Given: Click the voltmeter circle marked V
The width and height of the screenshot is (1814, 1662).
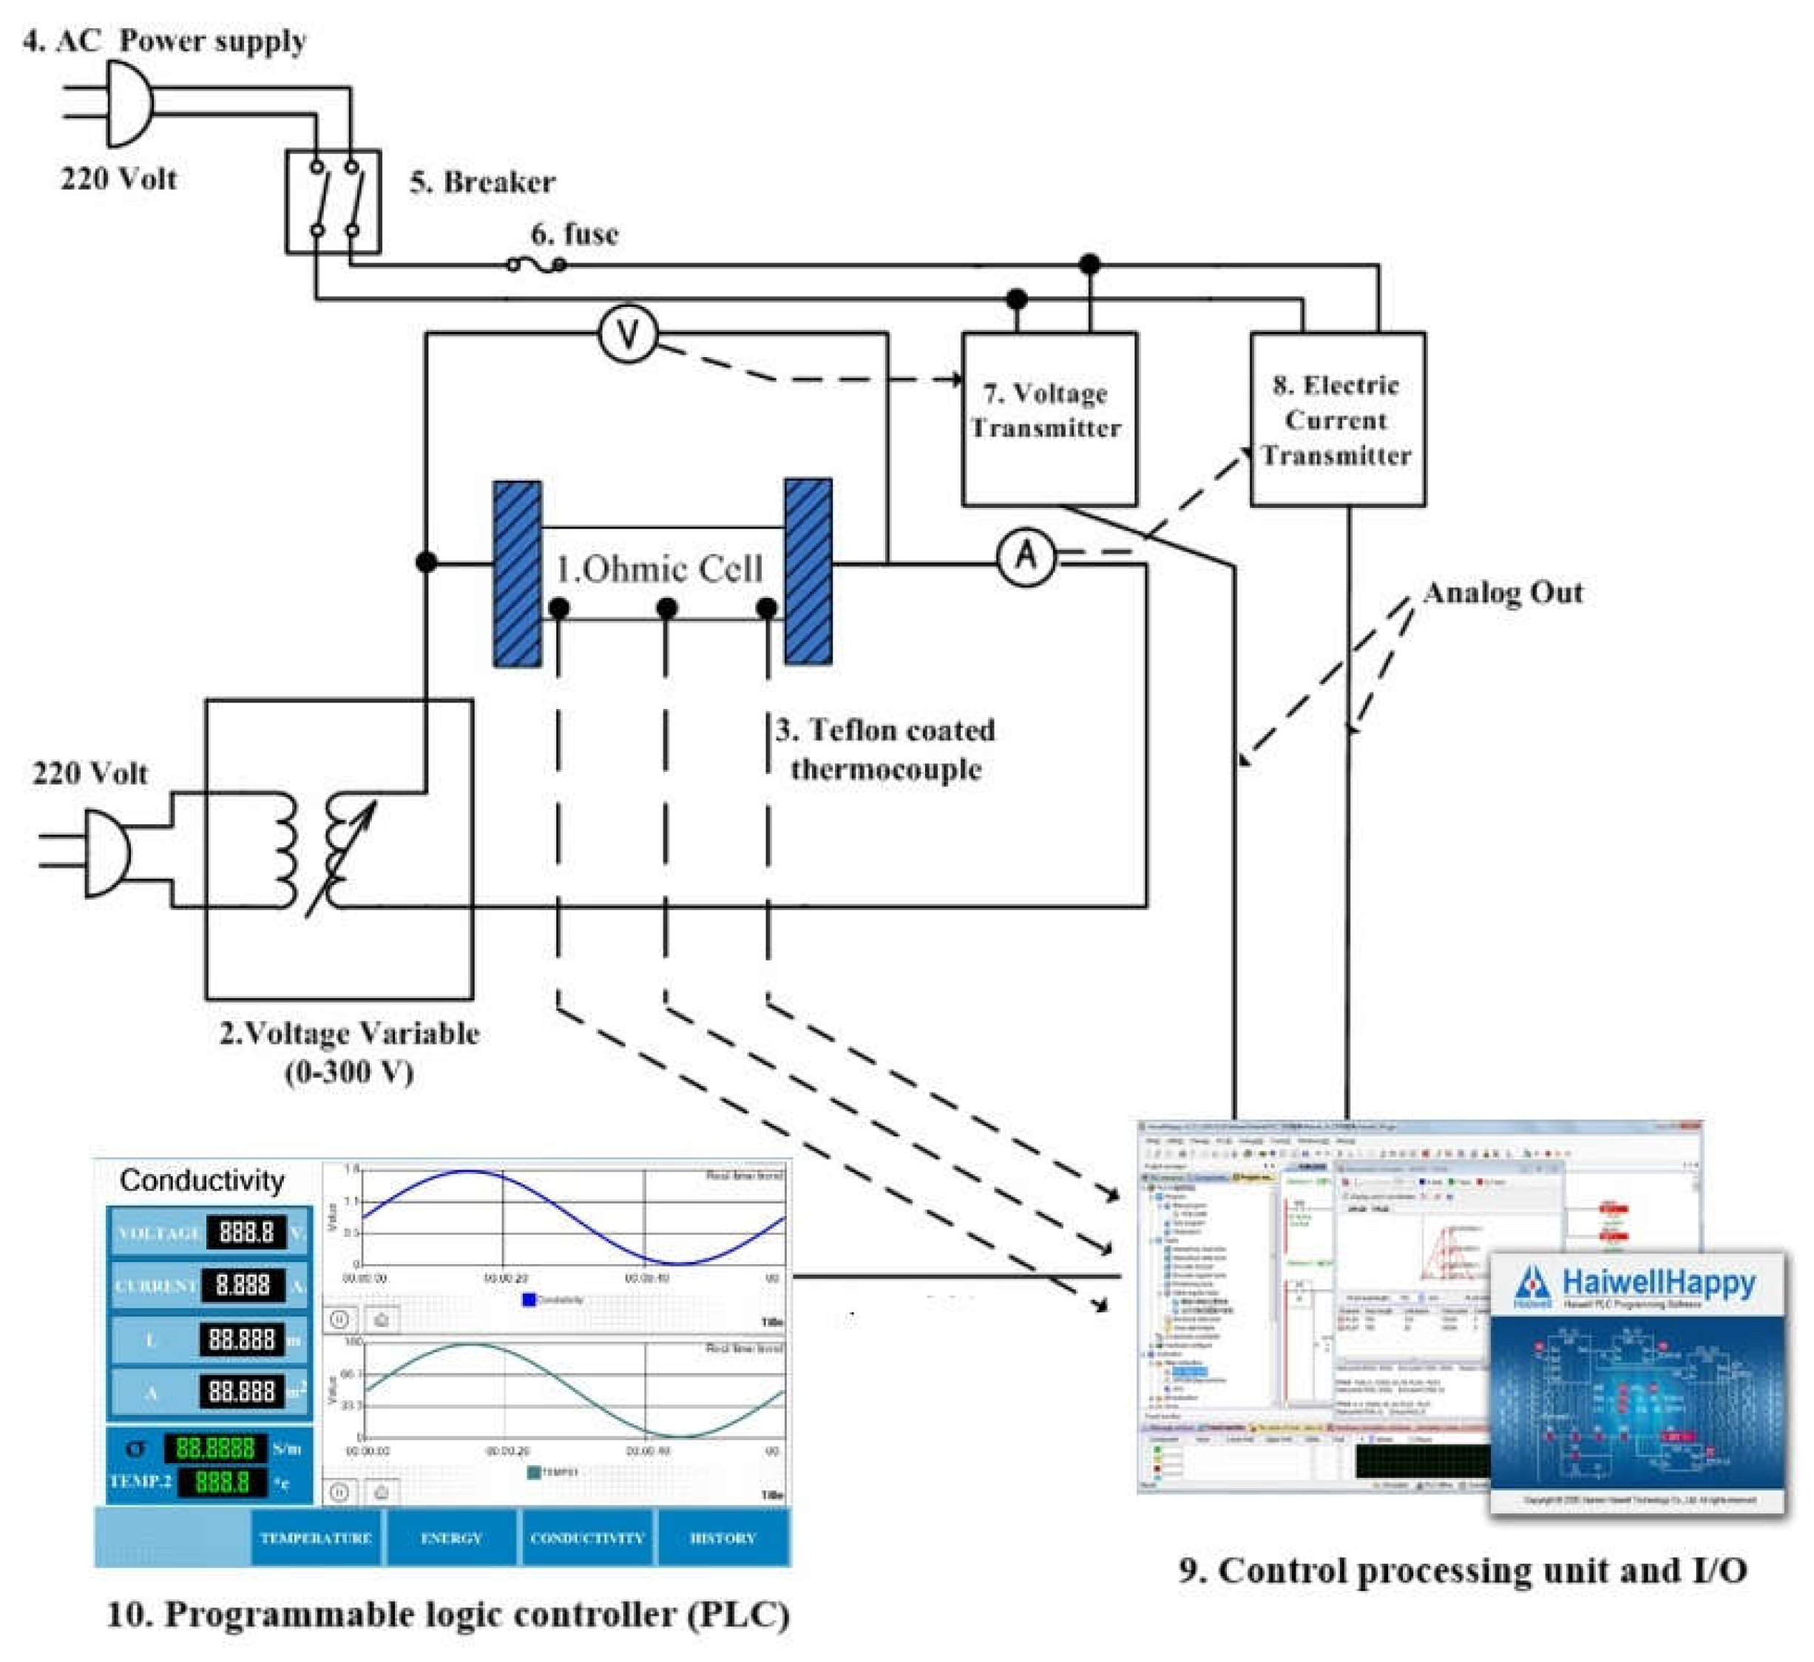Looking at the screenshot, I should click(627, 335).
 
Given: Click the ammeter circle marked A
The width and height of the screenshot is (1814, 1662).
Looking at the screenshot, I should click(1026, 557).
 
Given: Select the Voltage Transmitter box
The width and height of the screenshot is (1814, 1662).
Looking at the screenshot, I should click(1049, 419).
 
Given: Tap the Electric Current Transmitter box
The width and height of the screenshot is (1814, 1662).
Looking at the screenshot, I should click(1337, 419).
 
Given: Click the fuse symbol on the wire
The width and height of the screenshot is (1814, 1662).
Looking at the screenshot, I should click(536, 265).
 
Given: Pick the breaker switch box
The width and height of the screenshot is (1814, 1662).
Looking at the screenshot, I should click(333, 201).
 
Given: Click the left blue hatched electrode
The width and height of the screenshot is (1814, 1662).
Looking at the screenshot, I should click(518, 573).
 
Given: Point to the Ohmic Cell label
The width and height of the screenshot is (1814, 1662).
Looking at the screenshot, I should click(660, 569).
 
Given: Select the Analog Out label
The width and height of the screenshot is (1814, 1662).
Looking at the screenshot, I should click(1503, 593).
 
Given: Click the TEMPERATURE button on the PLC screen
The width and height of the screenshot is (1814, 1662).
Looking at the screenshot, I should click(316, 1538).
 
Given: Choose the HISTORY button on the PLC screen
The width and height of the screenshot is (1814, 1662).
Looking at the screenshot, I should click(722, 1538).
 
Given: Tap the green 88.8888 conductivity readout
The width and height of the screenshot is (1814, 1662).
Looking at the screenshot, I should click(215, 1447).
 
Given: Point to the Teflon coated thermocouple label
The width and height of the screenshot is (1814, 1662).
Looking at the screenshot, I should click(887, 749).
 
